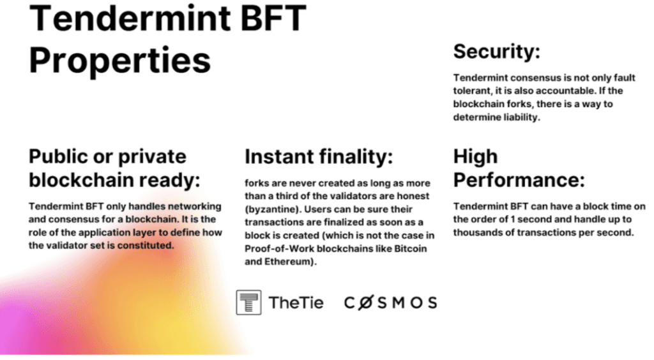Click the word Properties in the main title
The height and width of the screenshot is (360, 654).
pos(119,61)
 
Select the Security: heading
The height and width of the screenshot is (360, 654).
pos(496,52)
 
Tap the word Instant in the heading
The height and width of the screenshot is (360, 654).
pos(279,157)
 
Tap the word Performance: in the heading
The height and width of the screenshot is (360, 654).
pos(519,181)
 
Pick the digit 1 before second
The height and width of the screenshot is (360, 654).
pos(513,219)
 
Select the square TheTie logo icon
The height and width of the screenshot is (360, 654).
pos(248,303)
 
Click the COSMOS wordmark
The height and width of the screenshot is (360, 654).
pos(390,303)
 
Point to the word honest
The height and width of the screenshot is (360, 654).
pos(413,196)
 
